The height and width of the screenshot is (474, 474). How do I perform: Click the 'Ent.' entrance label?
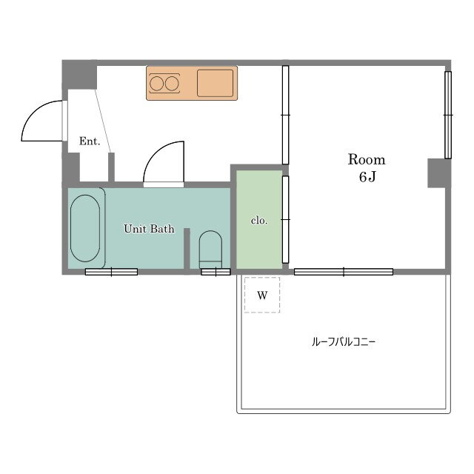[89, 141]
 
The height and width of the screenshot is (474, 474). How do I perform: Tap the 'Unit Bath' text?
[148, 229]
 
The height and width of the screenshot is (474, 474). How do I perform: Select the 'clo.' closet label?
[258, 220]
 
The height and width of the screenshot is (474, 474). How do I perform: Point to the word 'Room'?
[367, 160]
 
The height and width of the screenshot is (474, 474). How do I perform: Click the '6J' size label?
[367, 178]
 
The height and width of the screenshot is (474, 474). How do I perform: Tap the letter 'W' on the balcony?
[261, 296]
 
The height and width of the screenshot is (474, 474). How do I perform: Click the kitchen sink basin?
[216, 83]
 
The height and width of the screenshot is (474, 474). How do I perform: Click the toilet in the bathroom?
[210, 248]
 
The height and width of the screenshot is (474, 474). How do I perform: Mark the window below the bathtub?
[111, 272]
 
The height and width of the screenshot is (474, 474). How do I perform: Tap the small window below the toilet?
[216, 272]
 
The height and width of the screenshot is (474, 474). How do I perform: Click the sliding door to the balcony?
[344, 272]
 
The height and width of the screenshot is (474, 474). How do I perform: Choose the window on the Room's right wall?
[448, 115]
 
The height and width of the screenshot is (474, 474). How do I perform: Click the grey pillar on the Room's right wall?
[438, 173]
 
